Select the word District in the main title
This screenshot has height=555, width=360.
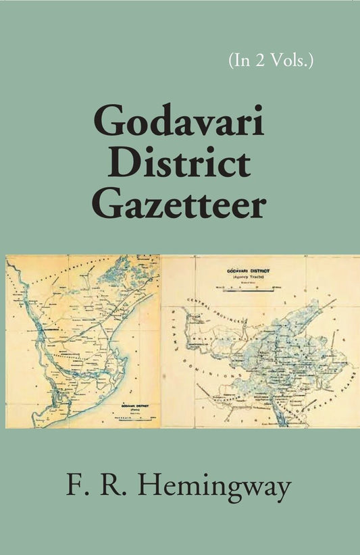(180, 165)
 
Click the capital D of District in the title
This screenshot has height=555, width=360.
(122, 165)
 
